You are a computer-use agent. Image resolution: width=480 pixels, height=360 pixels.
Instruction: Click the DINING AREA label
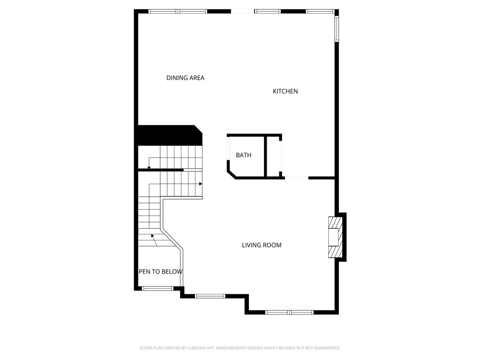(185, 78)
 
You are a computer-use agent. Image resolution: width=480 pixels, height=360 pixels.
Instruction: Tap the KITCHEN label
(285, 91)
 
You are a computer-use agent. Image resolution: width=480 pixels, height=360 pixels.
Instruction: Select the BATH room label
(243, 155)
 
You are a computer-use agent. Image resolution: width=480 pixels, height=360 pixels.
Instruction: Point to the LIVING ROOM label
(262, 245)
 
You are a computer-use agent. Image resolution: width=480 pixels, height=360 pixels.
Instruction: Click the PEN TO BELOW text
(160, 272)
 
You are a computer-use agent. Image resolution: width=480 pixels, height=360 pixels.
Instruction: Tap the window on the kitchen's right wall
(337, 29)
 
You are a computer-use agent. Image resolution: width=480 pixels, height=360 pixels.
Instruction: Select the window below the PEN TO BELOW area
(157, 288)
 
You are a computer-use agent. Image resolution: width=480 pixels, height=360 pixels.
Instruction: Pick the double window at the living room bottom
(289, 312)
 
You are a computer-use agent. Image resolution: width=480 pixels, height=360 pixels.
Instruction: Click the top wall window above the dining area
(178, 11)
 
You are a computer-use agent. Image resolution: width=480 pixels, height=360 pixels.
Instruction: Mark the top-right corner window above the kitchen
(320, 11)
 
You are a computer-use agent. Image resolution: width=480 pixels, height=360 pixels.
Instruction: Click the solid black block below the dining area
(168, 135)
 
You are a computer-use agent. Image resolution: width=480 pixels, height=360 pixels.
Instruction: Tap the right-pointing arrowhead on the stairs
(201, 184)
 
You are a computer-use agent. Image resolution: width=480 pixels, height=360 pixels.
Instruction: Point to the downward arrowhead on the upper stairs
(149, 167)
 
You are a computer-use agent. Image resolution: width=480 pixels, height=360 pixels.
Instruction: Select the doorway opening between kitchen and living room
(296, 178)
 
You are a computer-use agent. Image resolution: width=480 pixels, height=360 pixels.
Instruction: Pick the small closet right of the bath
(274, 156)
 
